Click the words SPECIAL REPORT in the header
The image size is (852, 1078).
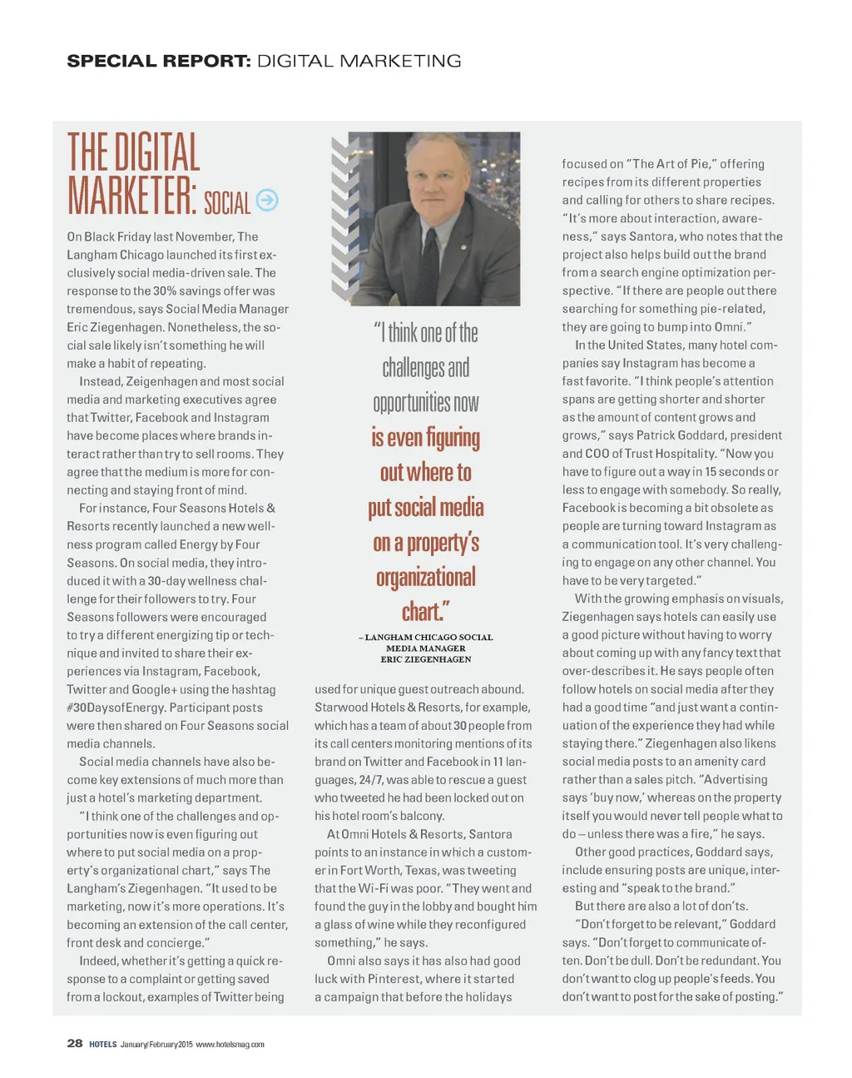[158, 61]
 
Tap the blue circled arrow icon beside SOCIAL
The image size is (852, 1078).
[267, 200]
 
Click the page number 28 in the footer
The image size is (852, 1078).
[75, 1043]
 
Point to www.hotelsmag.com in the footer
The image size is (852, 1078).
[230, 1044]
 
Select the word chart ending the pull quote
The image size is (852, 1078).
[423, 612]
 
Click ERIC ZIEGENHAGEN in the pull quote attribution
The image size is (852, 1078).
[426, 659]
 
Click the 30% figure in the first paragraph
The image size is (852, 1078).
[165, 291]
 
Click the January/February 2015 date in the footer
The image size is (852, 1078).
[156, 1044]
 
